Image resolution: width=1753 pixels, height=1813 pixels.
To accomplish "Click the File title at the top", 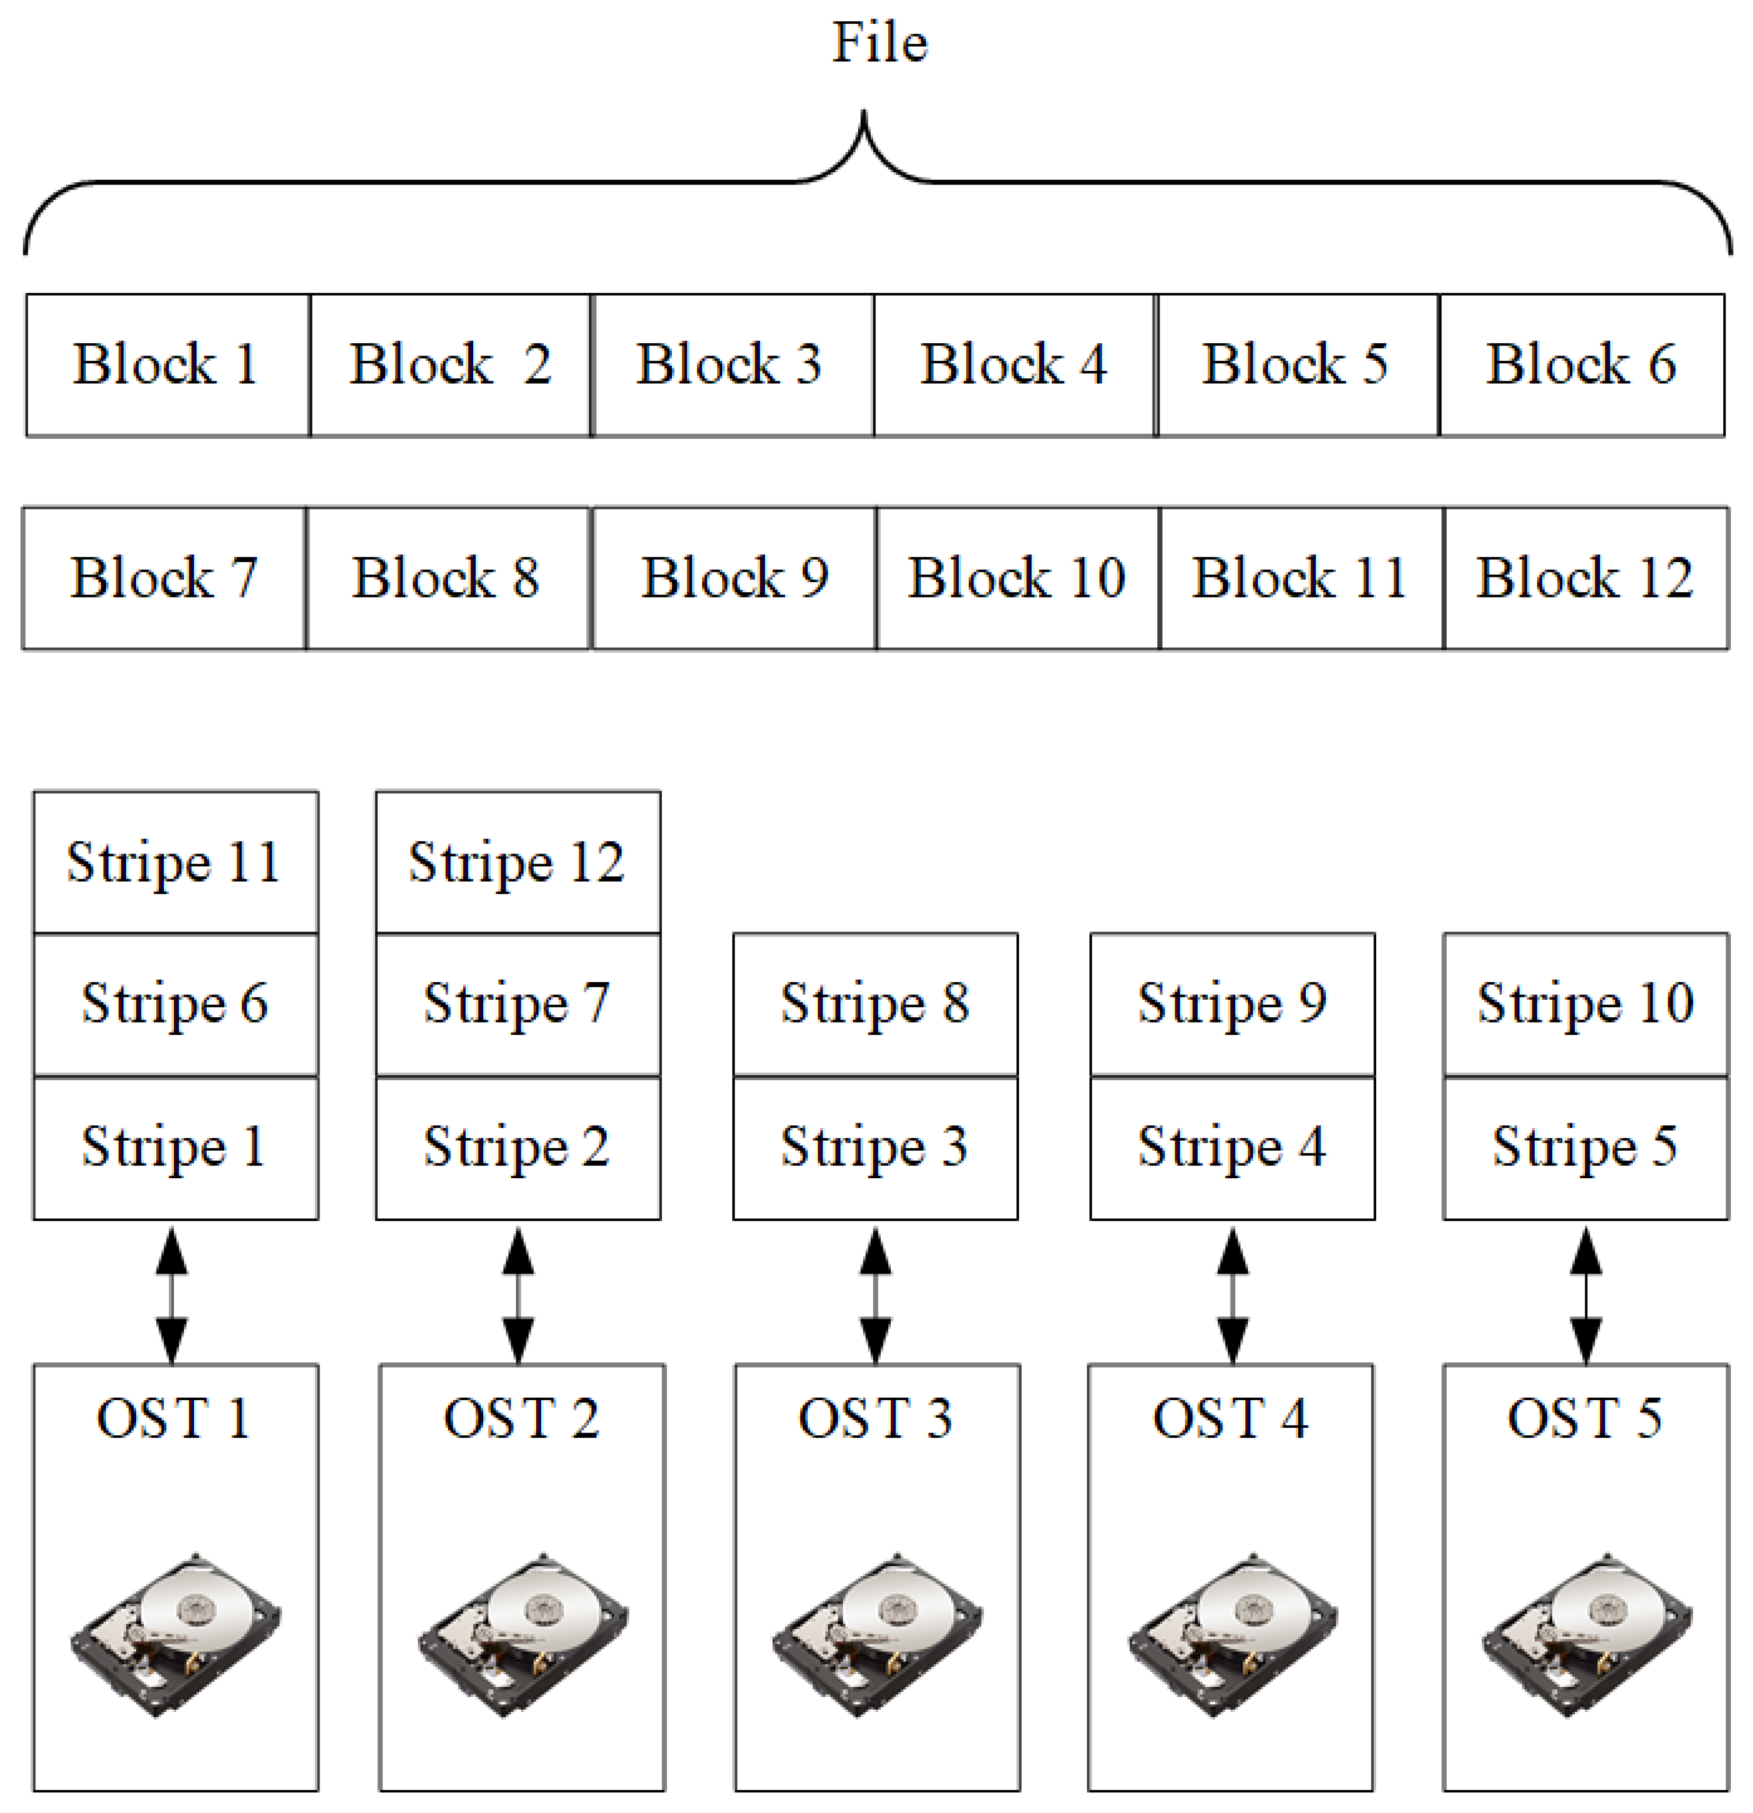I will (879, 43).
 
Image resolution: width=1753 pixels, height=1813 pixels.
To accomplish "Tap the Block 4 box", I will (1014, 365).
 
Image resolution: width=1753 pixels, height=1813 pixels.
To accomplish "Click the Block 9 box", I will (734, 578).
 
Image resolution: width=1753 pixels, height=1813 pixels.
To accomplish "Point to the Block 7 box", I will (164, 578).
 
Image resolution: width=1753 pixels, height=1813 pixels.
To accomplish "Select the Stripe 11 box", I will (175, 862).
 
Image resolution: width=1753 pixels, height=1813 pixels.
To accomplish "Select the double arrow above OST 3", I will (875, 1295).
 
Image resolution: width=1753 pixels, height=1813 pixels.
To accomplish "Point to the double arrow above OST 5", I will (1586, 1295).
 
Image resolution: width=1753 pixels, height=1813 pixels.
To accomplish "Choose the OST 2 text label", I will (521, 1419).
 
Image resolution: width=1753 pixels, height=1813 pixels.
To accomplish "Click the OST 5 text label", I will (1584, 1419).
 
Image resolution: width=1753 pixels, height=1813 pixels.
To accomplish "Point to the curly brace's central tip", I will (864, 115).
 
